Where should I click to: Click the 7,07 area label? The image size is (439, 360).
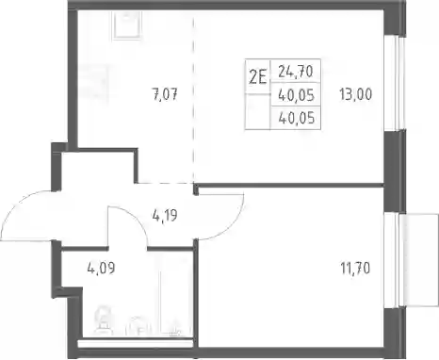point(165,94)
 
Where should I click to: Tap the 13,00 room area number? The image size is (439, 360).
point(355,94)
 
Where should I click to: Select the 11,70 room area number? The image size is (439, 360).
point(355,269)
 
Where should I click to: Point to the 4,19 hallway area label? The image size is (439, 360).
point(165,216)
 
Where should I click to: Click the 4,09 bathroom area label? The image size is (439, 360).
point(101,268)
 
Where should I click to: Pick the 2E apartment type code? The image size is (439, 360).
point(257,77)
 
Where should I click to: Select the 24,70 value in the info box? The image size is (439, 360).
point(296,72)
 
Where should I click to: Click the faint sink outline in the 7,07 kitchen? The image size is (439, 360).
point(127,25)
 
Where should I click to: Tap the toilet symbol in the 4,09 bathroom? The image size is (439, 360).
point(104,321)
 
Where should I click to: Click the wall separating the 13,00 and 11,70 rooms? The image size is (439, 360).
point(290,186)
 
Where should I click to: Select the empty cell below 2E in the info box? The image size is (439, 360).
point(257,111)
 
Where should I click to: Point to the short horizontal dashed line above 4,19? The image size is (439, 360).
point(165,183)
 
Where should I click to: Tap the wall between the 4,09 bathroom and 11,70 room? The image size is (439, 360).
point(196,292)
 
